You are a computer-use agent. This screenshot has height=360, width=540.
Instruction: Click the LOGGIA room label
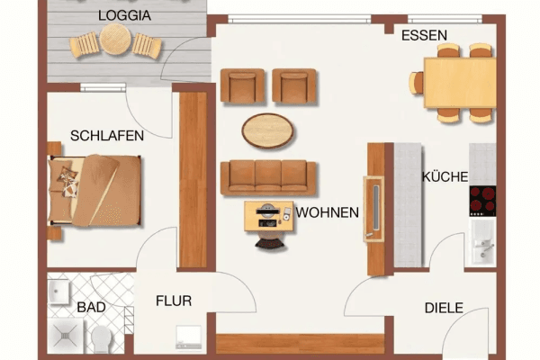coord(125,15)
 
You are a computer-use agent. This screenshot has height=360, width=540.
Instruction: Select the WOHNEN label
coord(328,213)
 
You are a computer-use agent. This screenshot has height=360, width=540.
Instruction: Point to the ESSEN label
coord(424,35)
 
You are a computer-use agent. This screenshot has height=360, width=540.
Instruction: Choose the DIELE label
coord(444,308)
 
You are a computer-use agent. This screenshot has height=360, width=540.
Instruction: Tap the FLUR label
coord(173,301)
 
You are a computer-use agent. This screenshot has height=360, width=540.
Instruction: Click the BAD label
coord(91,307)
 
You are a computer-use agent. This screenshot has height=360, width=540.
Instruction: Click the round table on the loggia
coord(116,40)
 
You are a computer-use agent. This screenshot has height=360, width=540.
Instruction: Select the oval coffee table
coord(267,130)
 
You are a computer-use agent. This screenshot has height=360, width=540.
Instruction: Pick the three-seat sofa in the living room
coord(268,177)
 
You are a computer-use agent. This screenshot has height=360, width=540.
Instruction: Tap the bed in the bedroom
coord(94,190)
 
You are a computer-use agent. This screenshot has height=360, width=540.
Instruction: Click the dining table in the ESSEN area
coord(459,82)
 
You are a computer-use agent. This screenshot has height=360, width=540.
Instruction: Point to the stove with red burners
coord(482,201)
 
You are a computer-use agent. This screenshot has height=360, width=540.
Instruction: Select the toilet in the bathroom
coord(101,339)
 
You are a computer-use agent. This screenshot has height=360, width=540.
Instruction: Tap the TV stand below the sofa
coord(267,217)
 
